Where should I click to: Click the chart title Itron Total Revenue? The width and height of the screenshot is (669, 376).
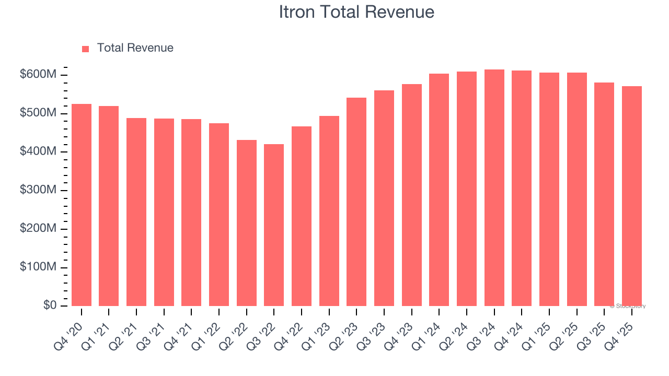356,12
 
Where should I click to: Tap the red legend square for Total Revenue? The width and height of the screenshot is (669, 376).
86,49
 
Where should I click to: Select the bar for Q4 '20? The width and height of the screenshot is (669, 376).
82,205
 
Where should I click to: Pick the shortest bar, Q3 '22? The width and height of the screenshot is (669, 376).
274,225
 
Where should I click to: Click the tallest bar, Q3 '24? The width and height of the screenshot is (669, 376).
494,187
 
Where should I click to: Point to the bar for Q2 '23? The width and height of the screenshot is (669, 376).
356,202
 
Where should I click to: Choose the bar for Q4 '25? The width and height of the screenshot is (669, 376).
632,196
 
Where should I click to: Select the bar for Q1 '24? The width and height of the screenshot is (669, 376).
439,190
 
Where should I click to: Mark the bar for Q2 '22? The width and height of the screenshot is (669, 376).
247,223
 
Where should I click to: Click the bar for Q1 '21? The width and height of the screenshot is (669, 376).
109,206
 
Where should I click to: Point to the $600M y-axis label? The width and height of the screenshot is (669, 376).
38,75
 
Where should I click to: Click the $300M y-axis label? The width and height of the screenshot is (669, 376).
38,191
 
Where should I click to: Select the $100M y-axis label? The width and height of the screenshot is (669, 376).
38,267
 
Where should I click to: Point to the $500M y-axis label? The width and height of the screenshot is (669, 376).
38,114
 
